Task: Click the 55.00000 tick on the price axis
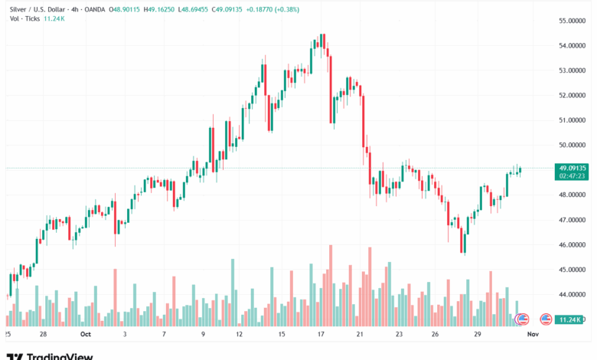pos(573,21)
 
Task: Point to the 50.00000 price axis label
pos(573,145)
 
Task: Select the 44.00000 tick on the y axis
pos(573,295)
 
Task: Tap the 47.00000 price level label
pos(573,220)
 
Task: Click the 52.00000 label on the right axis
pos(573,95)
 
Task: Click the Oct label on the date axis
pos(86,335)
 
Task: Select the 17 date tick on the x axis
pos(322,335)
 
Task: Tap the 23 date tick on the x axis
pos(400,335)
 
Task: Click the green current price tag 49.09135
pos(573,168)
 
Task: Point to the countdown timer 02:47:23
pos(573,175)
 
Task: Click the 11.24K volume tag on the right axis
pos(573,319)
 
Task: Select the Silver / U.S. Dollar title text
pos(38,9)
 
